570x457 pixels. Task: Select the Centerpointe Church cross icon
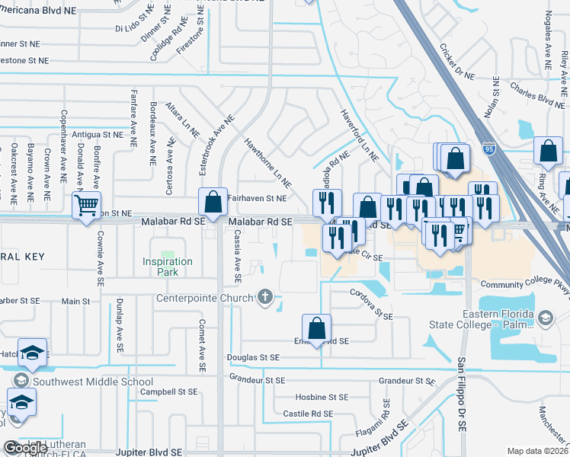tap(265, 296)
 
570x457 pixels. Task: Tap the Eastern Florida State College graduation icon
tap(545, 318)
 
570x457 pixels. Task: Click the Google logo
tap(25, 448)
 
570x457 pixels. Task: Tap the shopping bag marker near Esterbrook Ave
tap(213, 203)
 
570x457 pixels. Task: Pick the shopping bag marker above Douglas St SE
tap(316, 329)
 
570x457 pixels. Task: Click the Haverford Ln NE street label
tap(359, 135)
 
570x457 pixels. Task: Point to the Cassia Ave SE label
tap(237, 251)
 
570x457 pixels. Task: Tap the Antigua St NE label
tap(98, 133)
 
